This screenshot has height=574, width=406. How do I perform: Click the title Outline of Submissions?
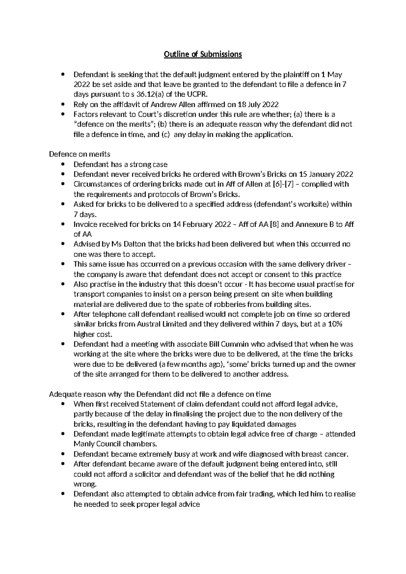pos(203,54)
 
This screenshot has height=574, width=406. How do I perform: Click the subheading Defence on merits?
pos(80,154)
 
